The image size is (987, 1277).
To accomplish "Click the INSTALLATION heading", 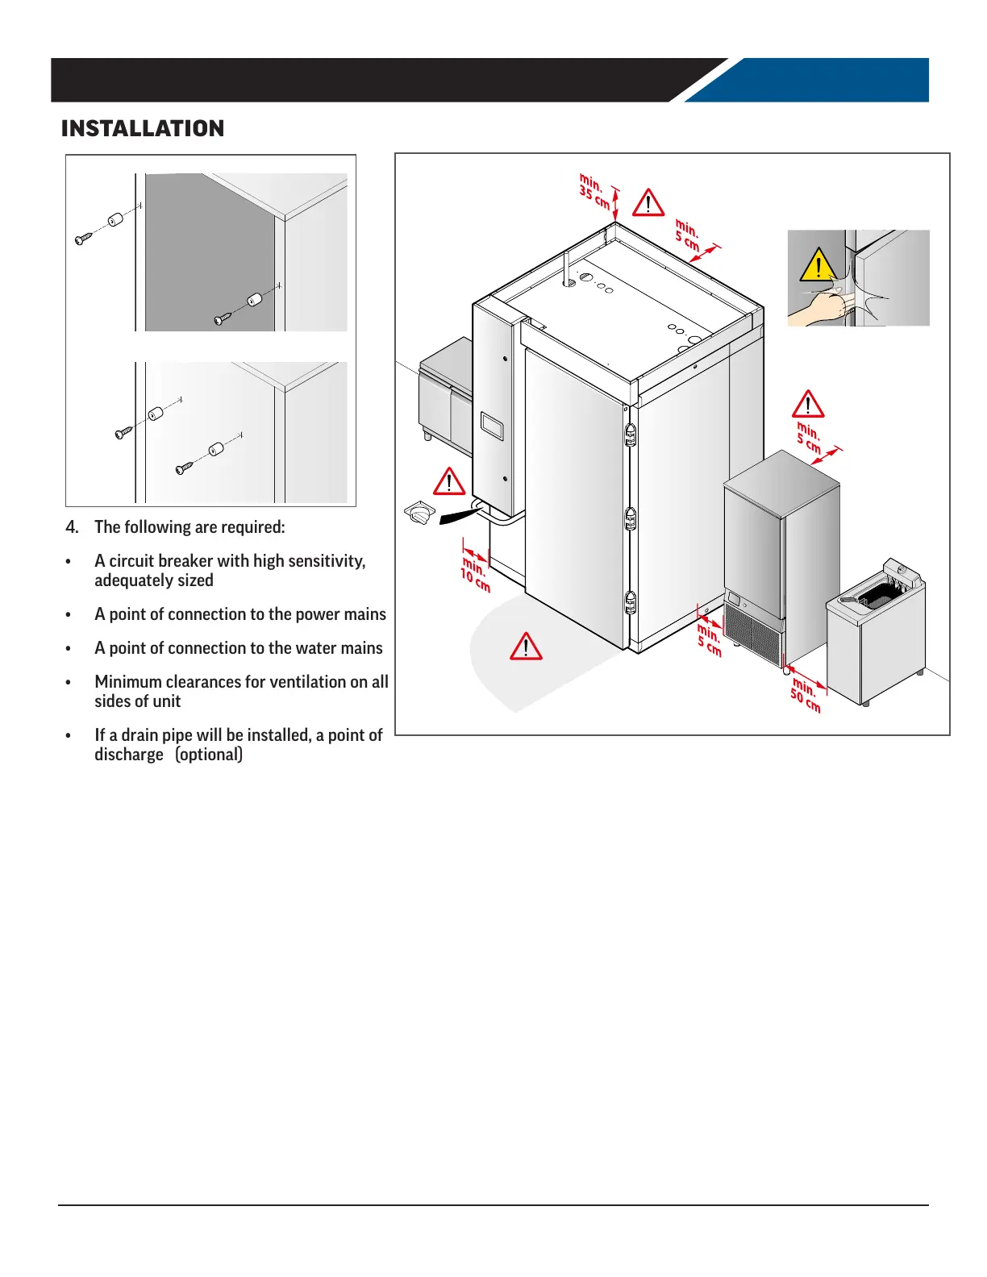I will point(143,129).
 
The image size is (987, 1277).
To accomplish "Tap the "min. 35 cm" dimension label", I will point(595,191).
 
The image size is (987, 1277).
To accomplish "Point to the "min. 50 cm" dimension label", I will point(806,695).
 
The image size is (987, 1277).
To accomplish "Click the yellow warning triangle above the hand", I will point(818,265).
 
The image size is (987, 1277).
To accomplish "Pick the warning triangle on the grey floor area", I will point(526,647).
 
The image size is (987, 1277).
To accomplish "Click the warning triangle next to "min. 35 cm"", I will point(648,202).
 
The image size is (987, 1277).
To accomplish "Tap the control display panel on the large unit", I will point(492,426).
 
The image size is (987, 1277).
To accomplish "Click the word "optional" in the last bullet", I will point(209,755).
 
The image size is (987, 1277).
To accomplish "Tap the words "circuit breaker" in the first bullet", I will point(156,561).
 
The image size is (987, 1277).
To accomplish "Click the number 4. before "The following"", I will point(73,527).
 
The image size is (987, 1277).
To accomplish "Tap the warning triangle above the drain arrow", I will point(449,481).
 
